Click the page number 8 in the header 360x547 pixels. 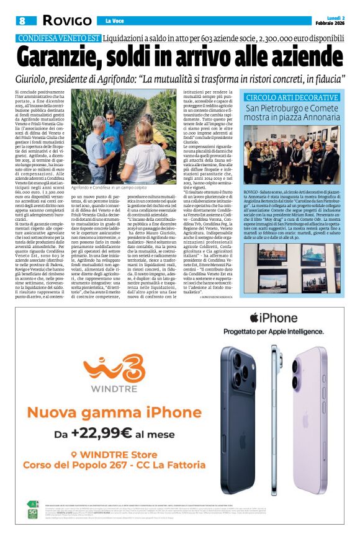tap(22, 22)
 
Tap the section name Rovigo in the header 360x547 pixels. tap(62, 22)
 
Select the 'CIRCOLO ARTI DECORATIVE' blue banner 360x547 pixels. tap(291, 98)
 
